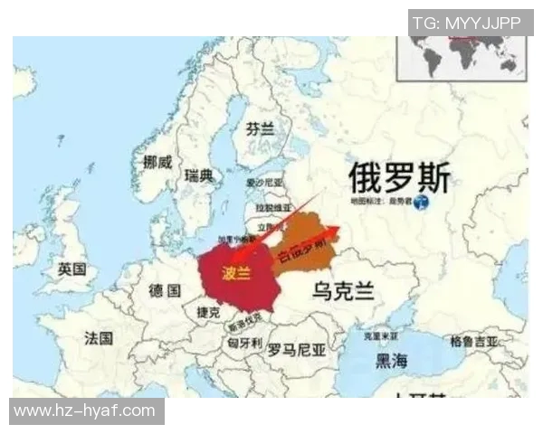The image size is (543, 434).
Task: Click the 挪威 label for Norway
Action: [x=157, y=162]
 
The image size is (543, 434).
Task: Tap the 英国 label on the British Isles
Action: [x=71, y=269]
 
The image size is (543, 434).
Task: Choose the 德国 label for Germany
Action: [x=164, y=290]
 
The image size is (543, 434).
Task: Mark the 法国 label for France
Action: [x=99, y=338]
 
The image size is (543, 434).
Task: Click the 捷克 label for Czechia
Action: [x=209, y=311]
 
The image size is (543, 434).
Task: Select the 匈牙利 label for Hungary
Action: [x=244, y=344]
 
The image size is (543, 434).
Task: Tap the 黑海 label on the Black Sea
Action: [x=392, y=361]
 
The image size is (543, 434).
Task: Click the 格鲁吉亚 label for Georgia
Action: [x=473, y=342]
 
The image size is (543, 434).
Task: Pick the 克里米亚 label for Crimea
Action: [x=381, y=335]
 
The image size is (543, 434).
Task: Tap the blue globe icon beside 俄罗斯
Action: [x=422, y=203]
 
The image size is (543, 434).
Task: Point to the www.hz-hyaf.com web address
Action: [x=86, y=411]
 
